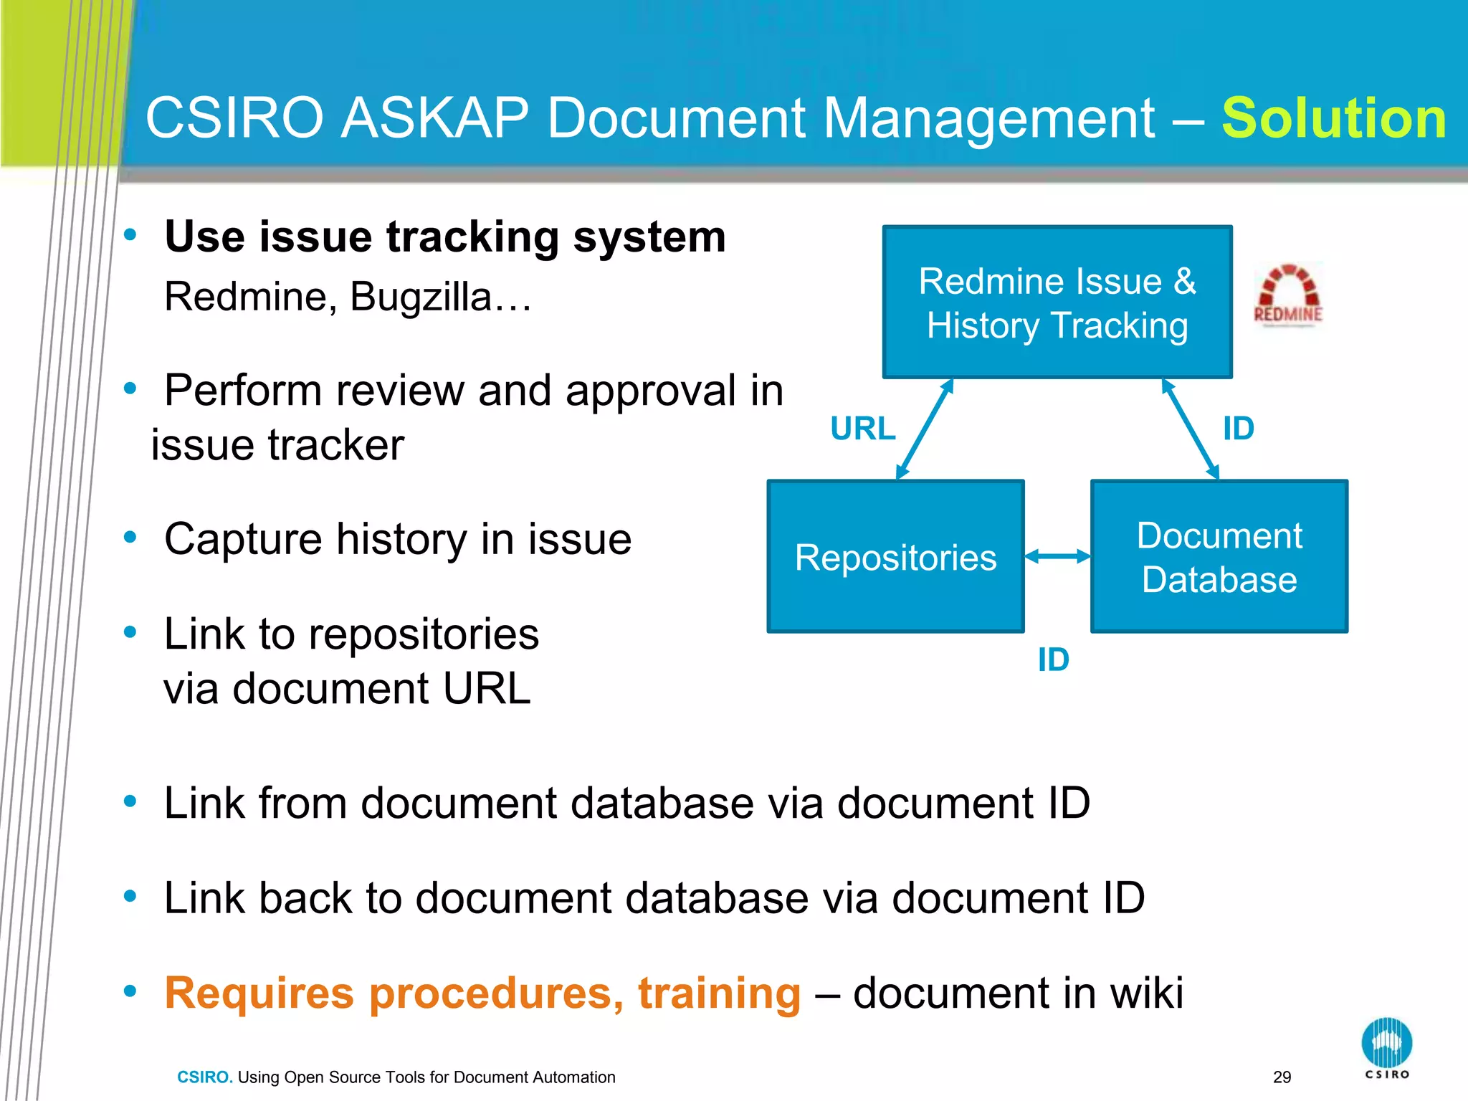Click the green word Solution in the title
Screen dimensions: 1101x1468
pos(1333,118)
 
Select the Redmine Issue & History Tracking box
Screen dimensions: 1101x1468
pos(1057,302)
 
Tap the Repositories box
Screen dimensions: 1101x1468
pos(895,557)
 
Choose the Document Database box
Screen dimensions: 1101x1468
pos(1219,557)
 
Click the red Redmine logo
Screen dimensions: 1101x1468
pos(1288,295)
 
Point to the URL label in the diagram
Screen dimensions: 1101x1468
pos(862,429)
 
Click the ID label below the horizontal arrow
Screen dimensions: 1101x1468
pos(1053,659)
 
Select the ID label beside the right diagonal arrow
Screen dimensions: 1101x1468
pos(1238,429)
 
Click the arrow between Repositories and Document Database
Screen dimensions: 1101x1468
pos(1057,556)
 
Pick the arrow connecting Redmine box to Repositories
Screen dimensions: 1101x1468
pos(925,429)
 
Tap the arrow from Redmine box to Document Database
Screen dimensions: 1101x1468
pos(1190,429)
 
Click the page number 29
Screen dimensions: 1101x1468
pos(1282,1077)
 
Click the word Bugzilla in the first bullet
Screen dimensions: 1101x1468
pos(420,297)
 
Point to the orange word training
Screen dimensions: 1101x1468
pos(719,993)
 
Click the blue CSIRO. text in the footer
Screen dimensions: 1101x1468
pos(204,1077)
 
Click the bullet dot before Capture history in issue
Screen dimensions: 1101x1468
pos(130,537)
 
